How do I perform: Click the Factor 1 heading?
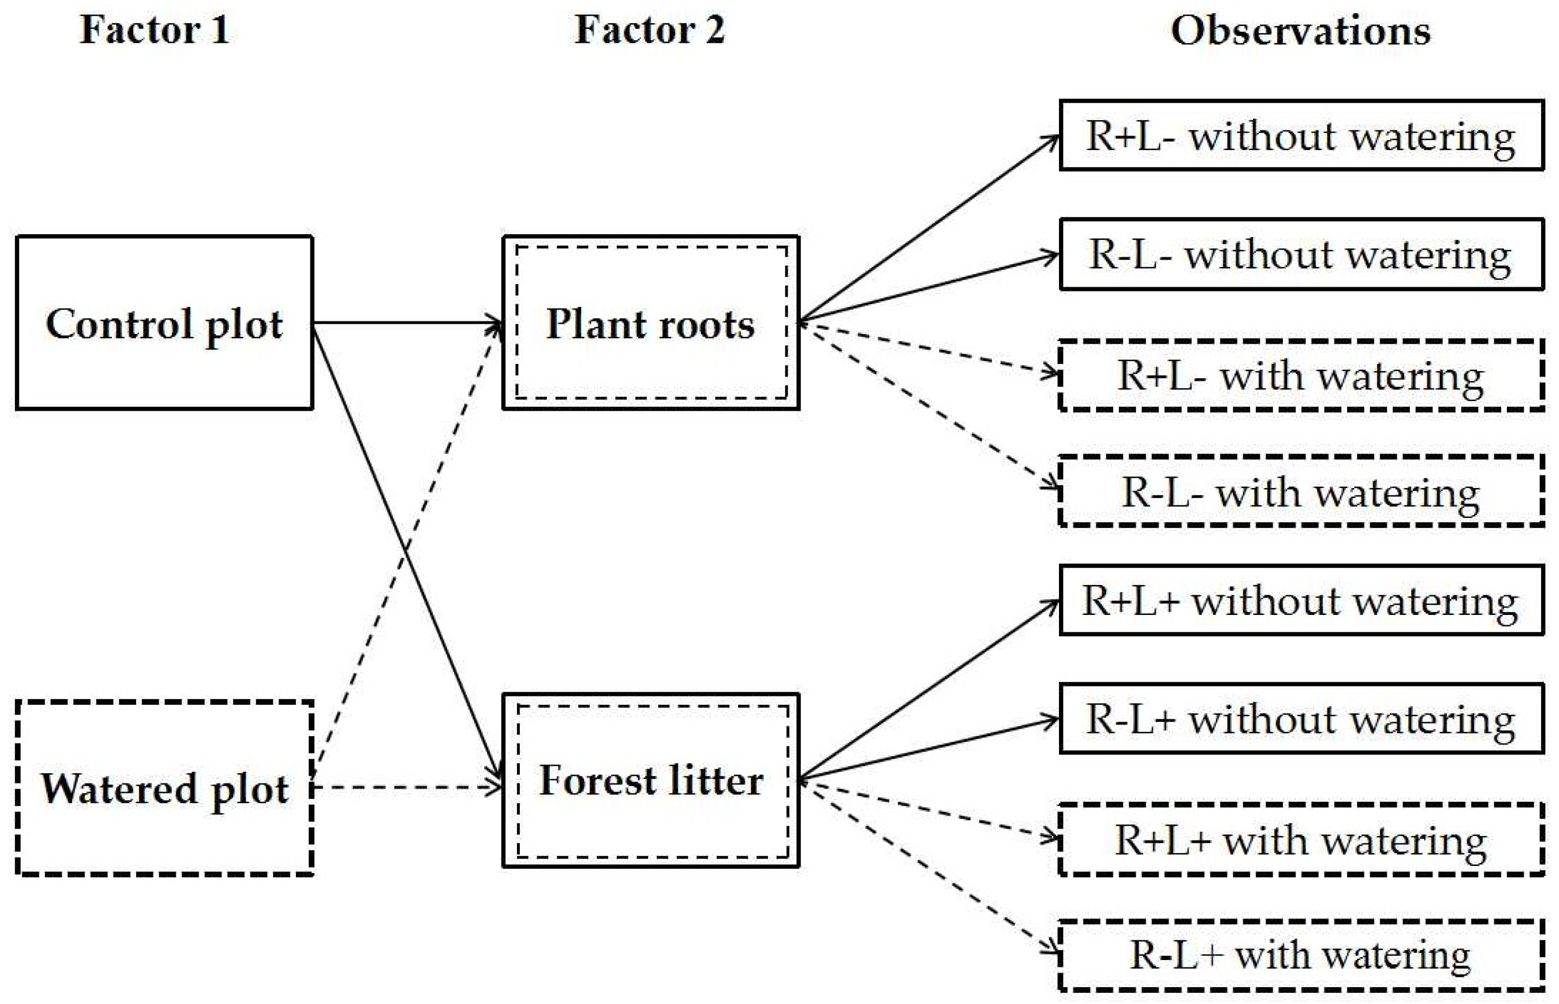click(154, 30)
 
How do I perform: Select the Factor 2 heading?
click(649, 30)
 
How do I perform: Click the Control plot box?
click(164, 323)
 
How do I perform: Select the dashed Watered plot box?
click(164, 788)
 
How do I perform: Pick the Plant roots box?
click(651, 323)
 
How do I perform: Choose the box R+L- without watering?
click(1301, 136)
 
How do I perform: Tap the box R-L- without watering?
click(1301, 254)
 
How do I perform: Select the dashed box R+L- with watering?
click(1301, 376)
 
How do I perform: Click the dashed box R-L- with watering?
click(1301, 491)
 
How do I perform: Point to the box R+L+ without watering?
click(1301, 600)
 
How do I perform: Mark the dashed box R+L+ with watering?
click(1301, 840)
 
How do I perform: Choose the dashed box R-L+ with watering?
click(1301, 956)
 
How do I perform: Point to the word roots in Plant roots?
click(707, 324)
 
